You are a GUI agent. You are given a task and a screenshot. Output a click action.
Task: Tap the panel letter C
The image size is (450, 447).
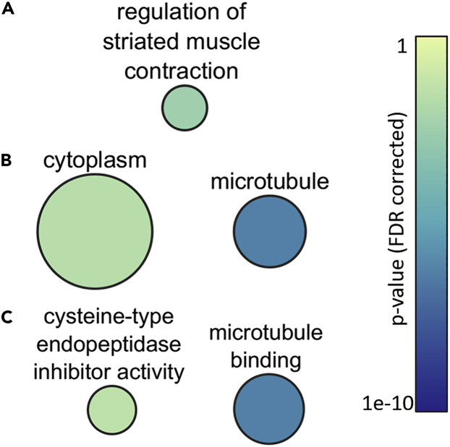[8, 317]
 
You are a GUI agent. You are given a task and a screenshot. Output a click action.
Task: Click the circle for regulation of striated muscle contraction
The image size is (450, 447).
[184, 108]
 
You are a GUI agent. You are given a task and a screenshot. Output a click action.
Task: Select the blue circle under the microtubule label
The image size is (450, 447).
[268, 231]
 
